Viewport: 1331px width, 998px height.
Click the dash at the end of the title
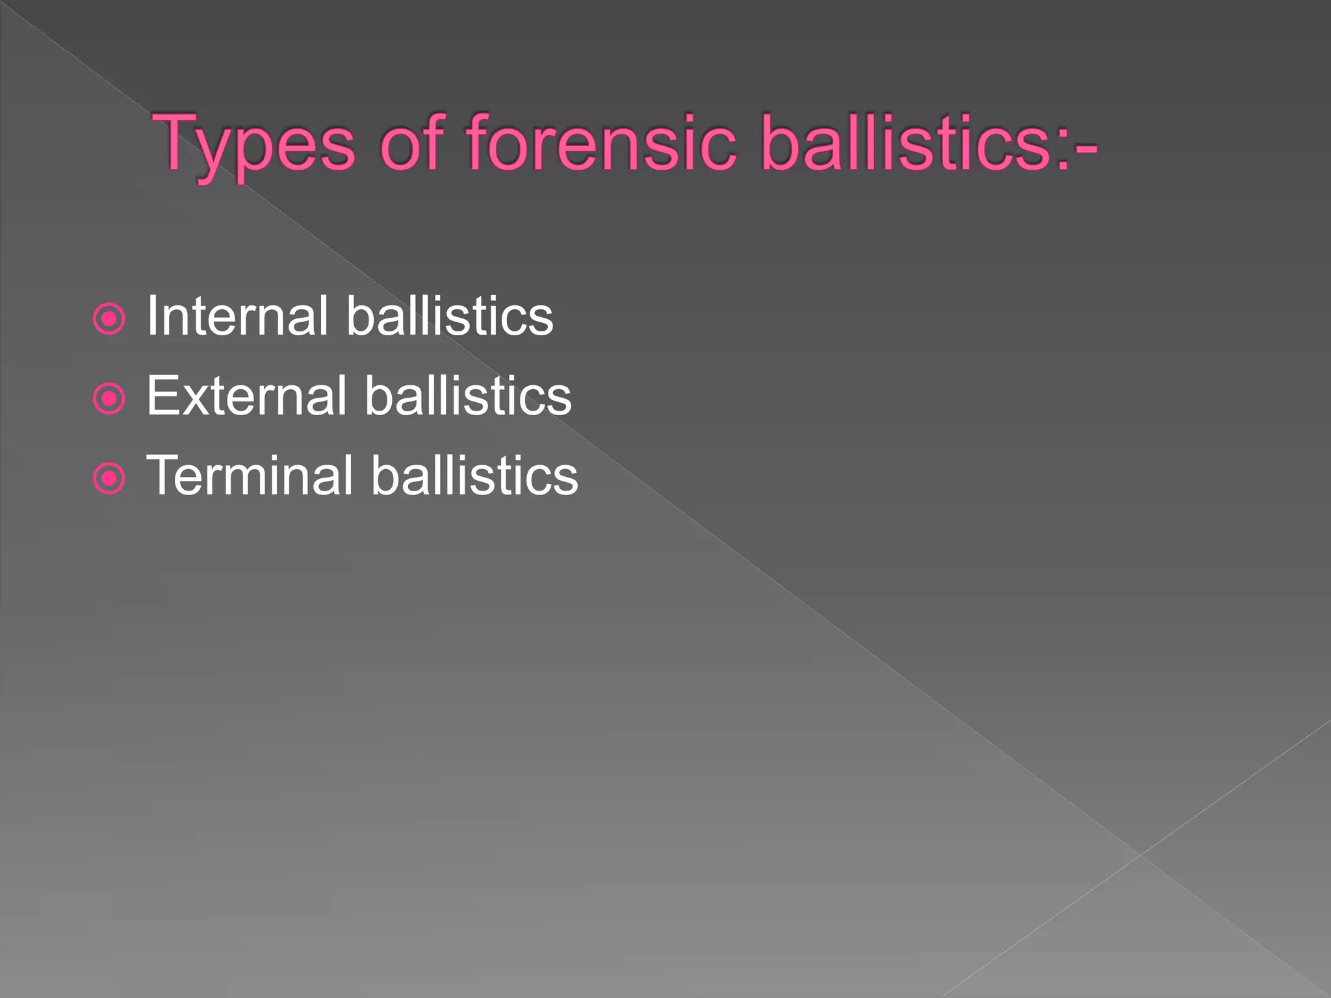pyautogui.click(x=1086, y=149)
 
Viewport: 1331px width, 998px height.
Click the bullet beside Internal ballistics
pyautogui.click(x=109, y=319)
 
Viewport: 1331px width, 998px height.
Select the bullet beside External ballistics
pyautogui.click(x=109, y=398)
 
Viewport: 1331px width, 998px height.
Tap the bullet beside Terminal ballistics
pyautogui.click(x=109, y=479)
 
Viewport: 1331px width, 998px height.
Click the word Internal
pyautogui.click(x=237, y=316)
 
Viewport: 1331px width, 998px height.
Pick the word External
pyautogui.click(x=246, y=396)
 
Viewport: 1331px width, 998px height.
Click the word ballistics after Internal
pyautogui.click(x=450, y=316)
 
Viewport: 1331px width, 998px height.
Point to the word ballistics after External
pyautogui.click(x=468, y=396)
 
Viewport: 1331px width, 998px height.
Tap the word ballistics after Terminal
pyautogui.click(x=474, y=476)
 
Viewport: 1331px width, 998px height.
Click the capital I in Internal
pyautogui.click(x=153, y=316)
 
